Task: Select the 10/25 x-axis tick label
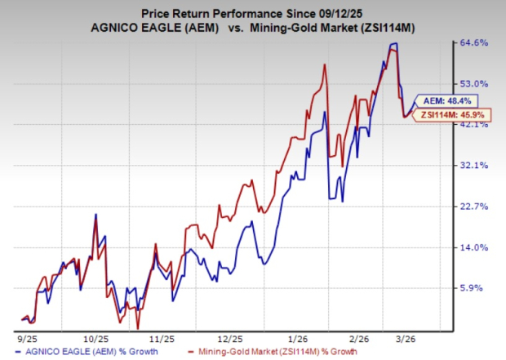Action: (x=92, y=336)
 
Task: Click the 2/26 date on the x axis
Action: (x=364, y=336)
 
